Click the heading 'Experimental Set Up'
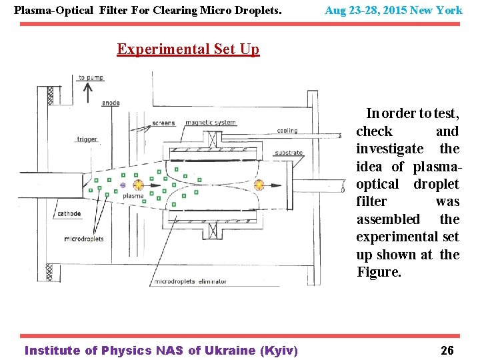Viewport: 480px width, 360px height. [x=188, y=49]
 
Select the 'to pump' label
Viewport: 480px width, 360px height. [x=91, y=78]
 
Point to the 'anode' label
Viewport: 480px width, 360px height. [x=111, y=103]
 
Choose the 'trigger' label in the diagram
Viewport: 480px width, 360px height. [x=87, y=139]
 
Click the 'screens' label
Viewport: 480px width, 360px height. [x=163, y=123]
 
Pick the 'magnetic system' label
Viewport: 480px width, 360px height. [x=211, y=123]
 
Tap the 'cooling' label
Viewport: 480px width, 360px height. [x=287, y=131]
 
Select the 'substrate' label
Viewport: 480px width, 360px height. [x=289, y=153]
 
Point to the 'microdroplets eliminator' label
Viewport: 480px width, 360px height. [x=191, y=282]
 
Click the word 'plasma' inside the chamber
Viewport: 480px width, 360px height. [x=133, y=196]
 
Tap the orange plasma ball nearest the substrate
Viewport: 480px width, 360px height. [x=259, y=184]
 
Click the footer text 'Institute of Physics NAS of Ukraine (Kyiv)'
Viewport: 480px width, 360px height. [x=161, y=351]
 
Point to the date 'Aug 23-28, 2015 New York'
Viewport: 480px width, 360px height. [x=393, y=11]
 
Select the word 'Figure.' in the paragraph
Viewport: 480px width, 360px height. [x=379, y=272]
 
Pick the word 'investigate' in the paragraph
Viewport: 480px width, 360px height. [x=389, y=149]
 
